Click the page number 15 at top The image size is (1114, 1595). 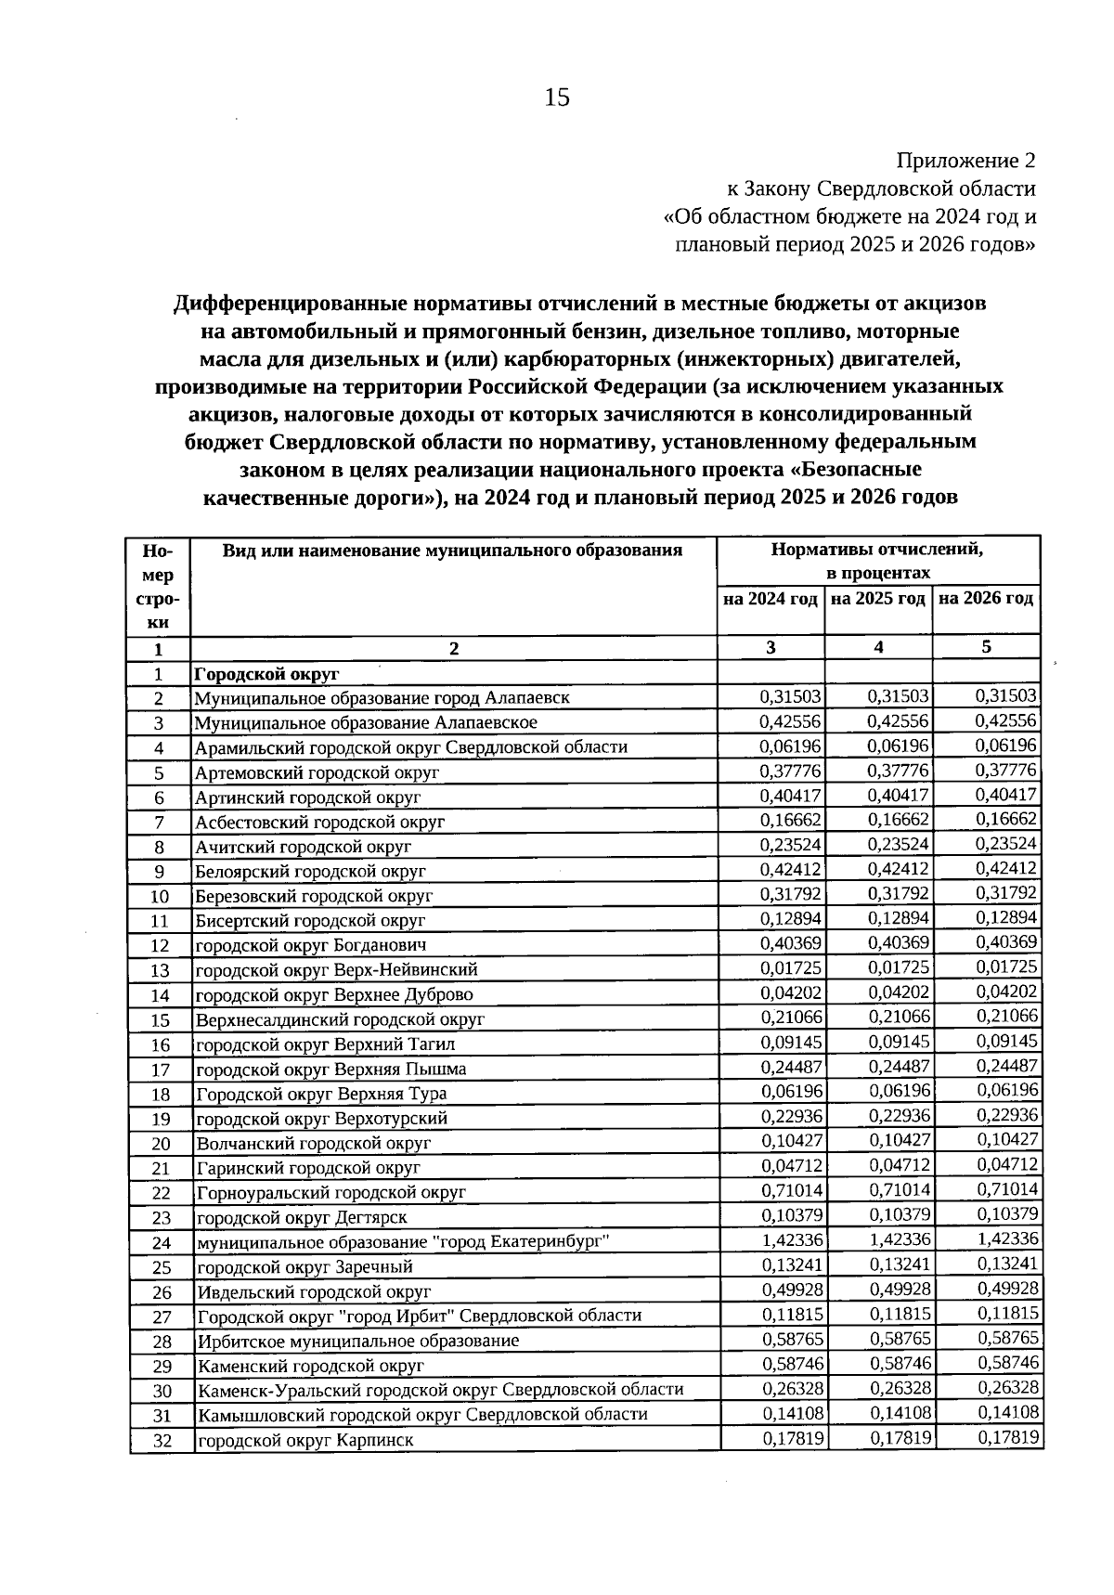pyautogui.click(x=557, y=97)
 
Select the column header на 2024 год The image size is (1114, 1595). pyautogui.click(x=771, y=599)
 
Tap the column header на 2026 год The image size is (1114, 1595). pyautogui.click(x=986, y=599)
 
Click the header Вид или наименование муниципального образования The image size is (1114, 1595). pyautogui.click(x=452, y=550)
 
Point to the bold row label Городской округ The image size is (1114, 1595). pyautogui.click(x=266, y=673)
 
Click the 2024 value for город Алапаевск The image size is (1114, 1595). pyautogui.click(x=791, y=697)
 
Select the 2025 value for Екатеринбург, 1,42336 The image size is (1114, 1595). pyautogui.click(x=900, y=1240)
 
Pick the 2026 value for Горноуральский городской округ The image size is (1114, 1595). pyautogui.click(x=1007, y=1190)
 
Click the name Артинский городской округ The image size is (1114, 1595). pyautogui.click(x=307, y=797)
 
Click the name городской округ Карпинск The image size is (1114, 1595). pyautogui.click(x=304, y=1441)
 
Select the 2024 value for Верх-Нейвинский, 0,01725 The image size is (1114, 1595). pyautogui.click(x=792, y=968)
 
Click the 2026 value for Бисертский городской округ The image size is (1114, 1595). pyautogui.click(x=1007, y=918)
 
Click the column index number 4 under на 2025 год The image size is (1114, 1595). pyautogui.click(x=878, y=648)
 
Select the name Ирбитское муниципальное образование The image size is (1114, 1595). pyautogui.click(x=357, y=1342)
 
